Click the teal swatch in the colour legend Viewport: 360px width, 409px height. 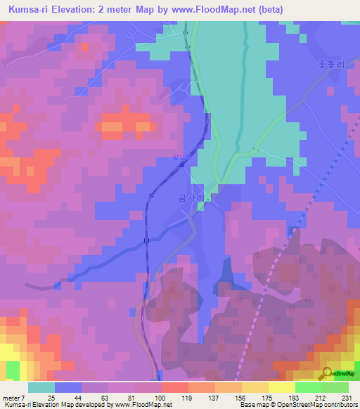point(41,387)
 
